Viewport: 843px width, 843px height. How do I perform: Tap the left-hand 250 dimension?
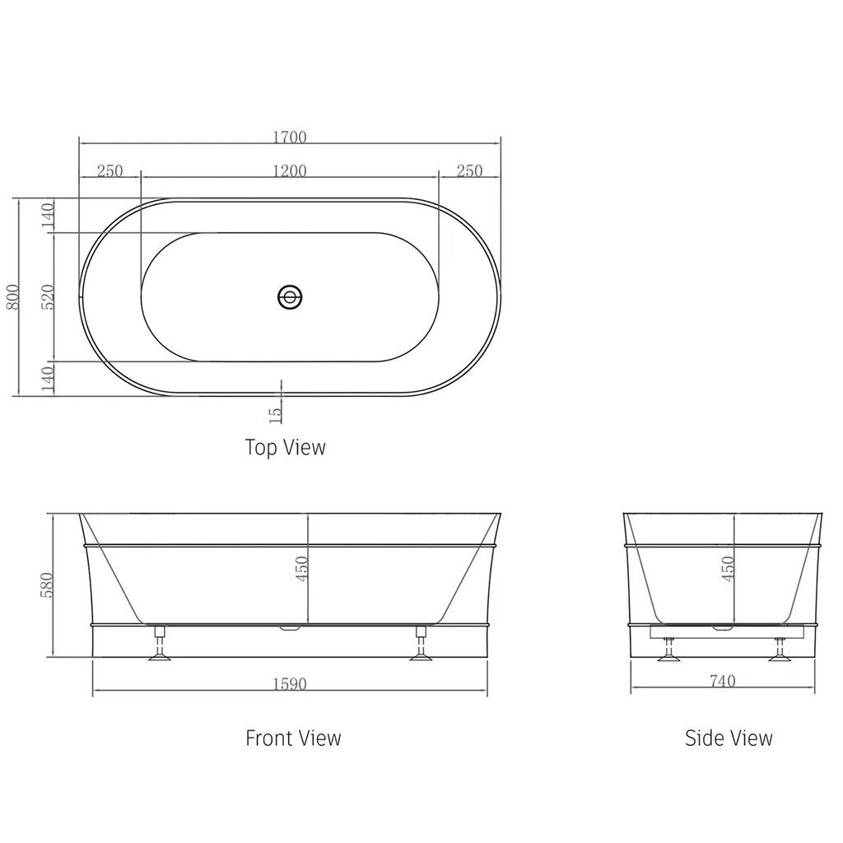coord(109,170)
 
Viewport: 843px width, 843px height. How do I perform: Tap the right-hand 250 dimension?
coord(469,170)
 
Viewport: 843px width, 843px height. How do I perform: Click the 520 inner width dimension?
coord(48,296)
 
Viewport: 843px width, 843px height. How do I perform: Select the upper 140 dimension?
coord(48,215)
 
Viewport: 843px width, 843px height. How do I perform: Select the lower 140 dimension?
coord(48,378)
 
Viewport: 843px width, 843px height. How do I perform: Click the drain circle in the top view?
coord(290,296)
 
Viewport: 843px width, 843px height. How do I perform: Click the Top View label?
coord(285,447)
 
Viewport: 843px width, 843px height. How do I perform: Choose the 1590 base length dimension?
coord(289,684)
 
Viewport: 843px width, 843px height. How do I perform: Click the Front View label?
coord(293,738)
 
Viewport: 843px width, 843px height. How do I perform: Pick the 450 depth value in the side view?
coord(728,568)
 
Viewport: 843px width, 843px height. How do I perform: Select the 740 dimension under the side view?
coord(722,681)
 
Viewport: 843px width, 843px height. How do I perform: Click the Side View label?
coord(729,738)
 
